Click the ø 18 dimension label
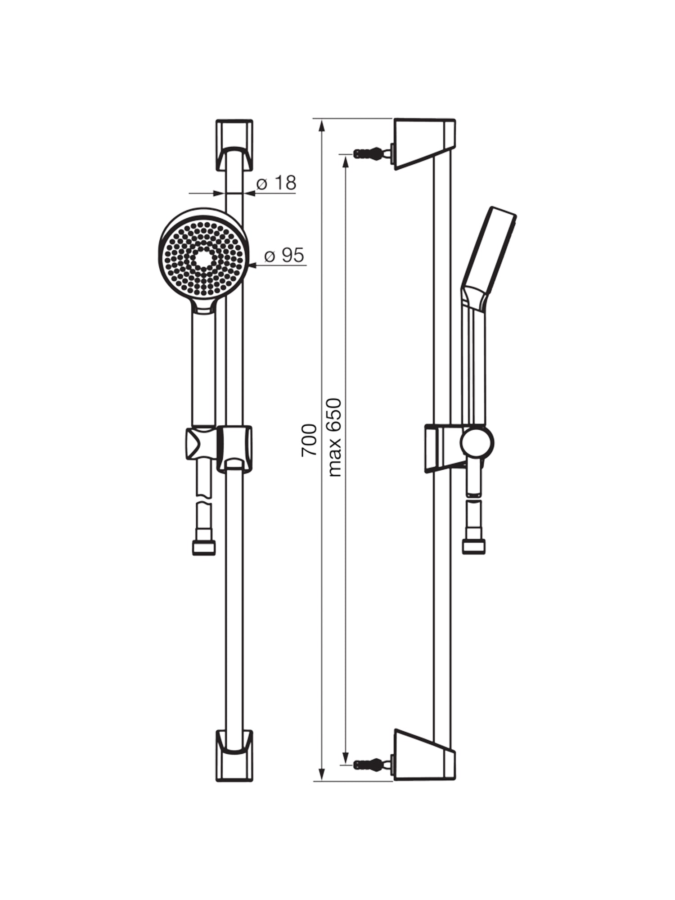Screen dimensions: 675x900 [276, 183]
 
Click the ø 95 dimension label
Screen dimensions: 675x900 [284, 255]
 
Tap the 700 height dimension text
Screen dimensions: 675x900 [309, 440]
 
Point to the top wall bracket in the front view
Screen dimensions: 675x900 [234, 145]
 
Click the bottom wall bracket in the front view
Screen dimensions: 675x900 [234, 755]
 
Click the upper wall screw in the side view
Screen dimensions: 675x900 [373, 153]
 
